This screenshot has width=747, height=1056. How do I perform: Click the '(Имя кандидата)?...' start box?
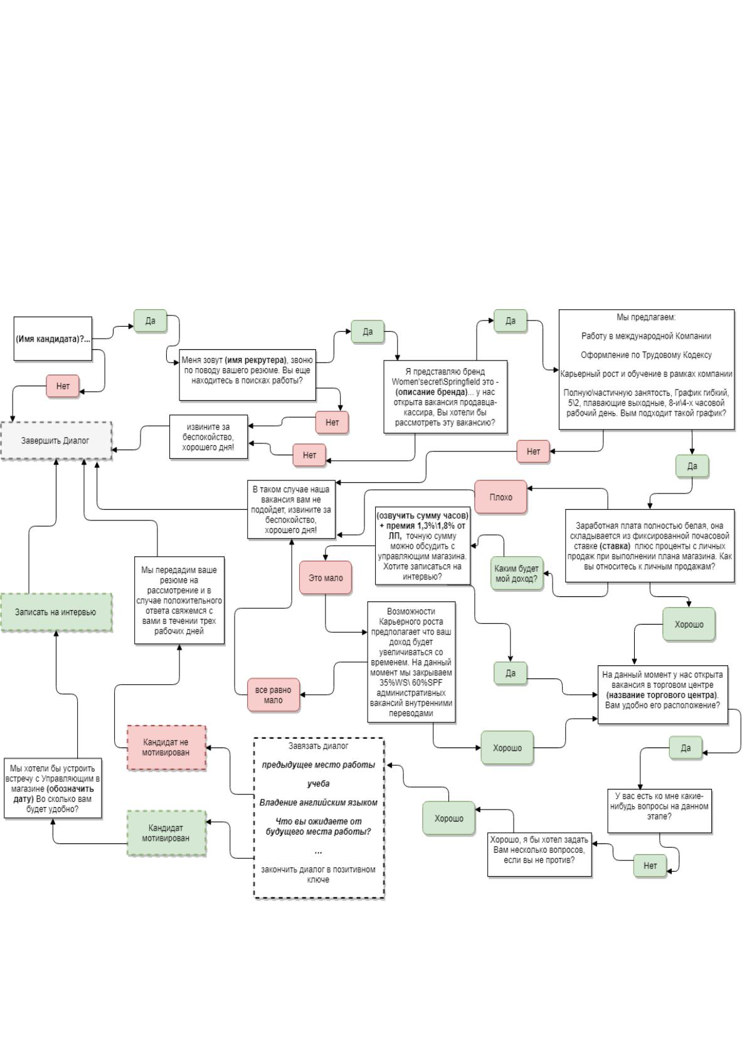tap(53, 339)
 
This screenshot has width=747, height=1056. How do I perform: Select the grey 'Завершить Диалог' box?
tap(56, 440)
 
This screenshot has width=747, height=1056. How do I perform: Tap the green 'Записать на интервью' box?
tap(56, 612)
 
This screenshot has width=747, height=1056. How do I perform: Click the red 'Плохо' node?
tap(501, 497)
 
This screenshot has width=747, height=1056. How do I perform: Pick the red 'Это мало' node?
tap(326, 578)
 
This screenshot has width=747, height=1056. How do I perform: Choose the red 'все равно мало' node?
tap(273, 695)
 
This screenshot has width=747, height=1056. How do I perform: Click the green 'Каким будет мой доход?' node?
tap(516, 574)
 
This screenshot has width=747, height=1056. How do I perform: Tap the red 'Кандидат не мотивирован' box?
tap(166, 747)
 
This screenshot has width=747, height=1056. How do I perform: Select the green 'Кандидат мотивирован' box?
tap(166, 833)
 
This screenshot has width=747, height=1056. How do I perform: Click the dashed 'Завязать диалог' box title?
tap(319, 746)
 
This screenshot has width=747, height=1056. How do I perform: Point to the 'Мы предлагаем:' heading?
tap(646, 317)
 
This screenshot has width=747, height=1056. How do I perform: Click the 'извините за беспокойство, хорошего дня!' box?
tap(208, 436)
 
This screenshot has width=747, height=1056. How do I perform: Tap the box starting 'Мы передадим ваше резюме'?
tap(179, 600)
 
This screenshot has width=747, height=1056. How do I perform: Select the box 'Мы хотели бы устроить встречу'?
tap(53, 788)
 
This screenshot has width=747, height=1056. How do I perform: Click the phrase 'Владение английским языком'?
tap(319, 803)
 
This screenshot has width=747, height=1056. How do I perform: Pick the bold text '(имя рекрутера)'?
tap(255, 360)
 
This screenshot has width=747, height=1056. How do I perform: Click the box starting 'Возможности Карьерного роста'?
tap(411, 662)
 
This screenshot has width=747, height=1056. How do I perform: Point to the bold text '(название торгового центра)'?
tap(662, 695)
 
